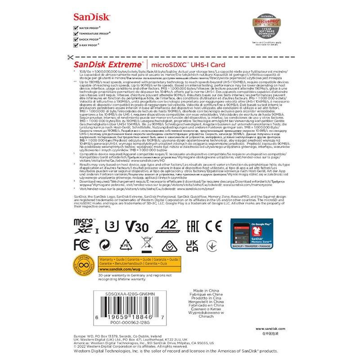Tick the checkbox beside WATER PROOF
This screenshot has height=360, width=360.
coord(75,28)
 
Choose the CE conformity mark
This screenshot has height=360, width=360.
coord(214,225)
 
